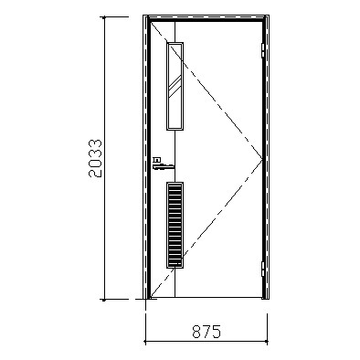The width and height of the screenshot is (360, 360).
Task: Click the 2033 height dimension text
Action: tap(95, 158)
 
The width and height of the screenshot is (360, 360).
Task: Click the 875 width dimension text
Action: tap(206, 332)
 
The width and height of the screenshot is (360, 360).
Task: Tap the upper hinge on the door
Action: tap(263, 50)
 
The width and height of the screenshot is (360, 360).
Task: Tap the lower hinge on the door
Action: tap(263, 270)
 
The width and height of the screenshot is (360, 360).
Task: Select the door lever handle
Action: tap(164, 166)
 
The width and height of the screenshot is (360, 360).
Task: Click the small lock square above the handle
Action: tap(157, 160)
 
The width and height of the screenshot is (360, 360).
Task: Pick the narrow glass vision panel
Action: tap(175, 86)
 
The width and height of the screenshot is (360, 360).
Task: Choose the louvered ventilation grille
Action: tap(175, 225)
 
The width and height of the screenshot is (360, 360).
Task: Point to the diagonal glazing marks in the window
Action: tap(175, 86)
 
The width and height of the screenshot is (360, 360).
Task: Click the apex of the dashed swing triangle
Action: tap(262, 159)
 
